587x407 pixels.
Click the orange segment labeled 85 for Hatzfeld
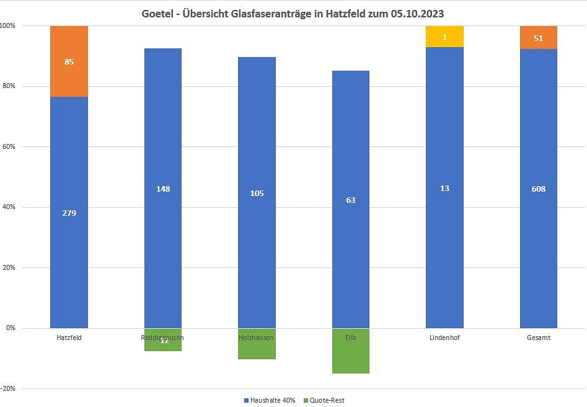pyautogui.click(x=69, y=61)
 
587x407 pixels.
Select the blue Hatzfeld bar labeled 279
pyautogui.click(x=69, y=212)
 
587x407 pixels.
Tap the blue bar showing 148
pyautogui.click(x=163, y=188)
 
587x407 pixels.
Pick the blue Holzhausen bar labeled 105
pyautogui.click(x=257, y=192)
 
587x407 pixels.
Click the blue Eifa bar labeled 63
pyautogui.click(x=351, y=199)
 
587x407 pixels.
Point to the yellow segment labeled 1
pyautogui.click(x=444, y=37)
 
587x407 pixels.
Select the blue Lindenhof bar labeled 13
pyautogui.click(x=444, y=187)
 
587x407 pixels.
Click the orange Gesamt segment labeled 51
pyautogui.click(x=538, y=38)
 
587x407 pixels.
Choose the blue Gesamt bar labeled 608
pyautogui.click(x=538, y=188)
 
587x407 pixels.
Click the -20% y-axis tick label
pyautogui.click(x=8, y=388)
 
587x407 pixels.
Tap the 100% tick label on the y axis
pyautogui.click(x=8, y=26)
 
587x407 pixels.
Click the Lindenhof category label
pyautogui.click(x=444, y=338)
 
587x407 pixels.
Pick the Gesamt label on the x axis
pyautogui.click(x=538, y=338)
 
